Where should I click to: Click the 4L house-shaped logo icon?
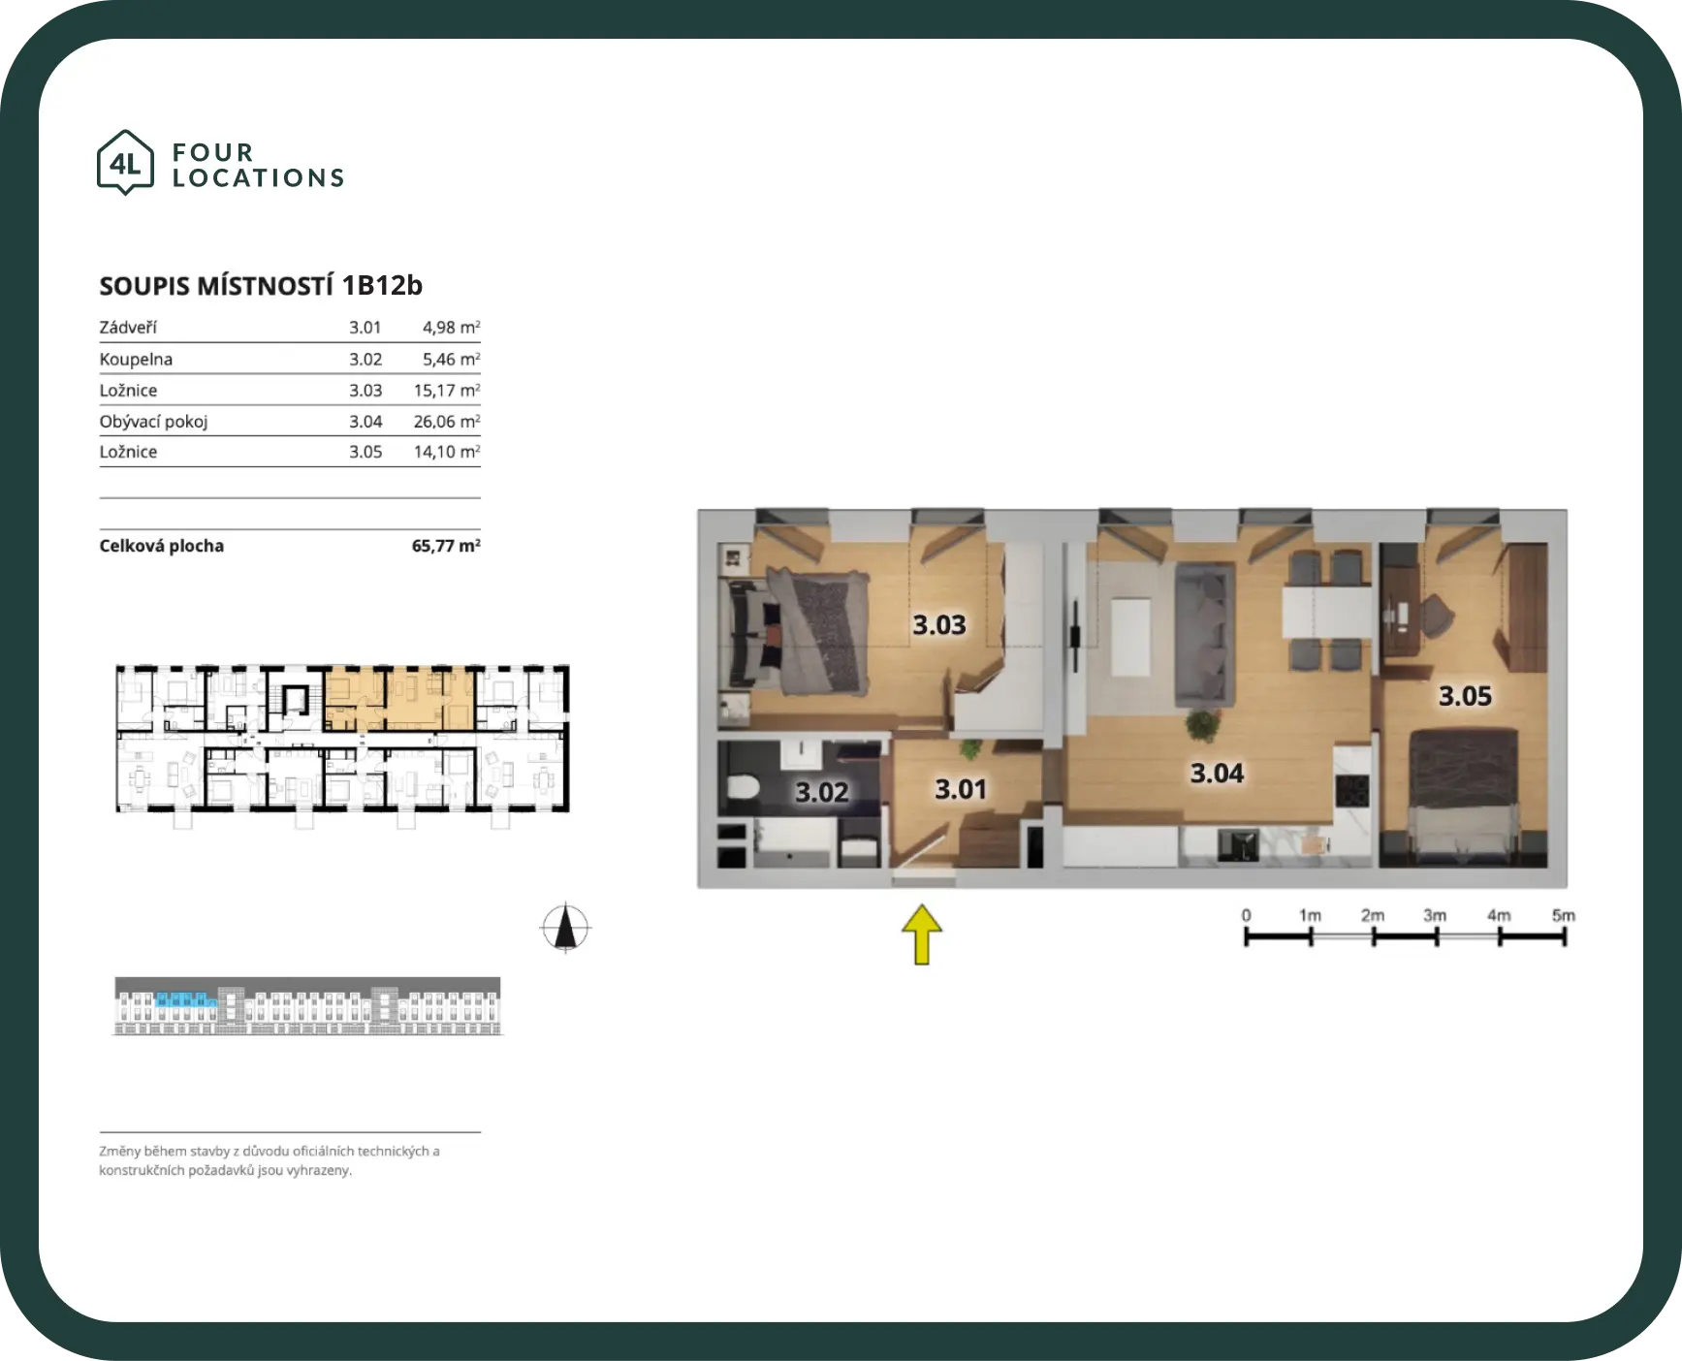[125, 162]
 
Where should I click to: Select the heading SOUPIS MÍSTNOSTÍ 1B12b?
[261, 286]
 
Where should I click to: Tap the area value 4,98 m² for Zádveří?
[451, 328]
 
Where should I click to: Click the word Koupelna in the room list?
[136, 359]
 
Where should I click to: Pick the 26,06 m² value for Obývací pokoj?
[447, 421]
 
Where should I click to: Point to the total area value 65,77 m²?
[446, 546]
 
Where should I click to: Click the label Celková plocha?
[161, 546]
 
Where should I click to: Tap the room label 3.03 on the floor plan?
[939, 625]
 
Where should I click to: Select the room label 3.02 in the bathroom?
[822, 793]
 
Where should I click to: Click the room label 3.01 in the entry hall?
[961, 789]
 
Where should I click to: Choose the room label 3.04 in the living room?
[1217, 774]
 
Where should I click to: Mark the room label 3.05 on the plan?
[1465, 696]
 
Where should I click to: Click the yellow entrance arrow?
[922, 934]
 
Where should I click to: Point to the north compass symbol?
[566, 928]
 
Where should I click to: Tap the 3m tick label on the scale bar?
[1435, 915]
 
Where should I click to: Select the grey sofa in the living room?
[1205, 634]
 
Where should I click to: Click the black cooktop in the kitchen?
[1351, 792]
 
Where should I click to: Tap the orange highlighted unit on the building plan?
[398, 699]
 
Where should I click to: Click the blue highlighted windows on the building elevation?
[185, 999]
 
